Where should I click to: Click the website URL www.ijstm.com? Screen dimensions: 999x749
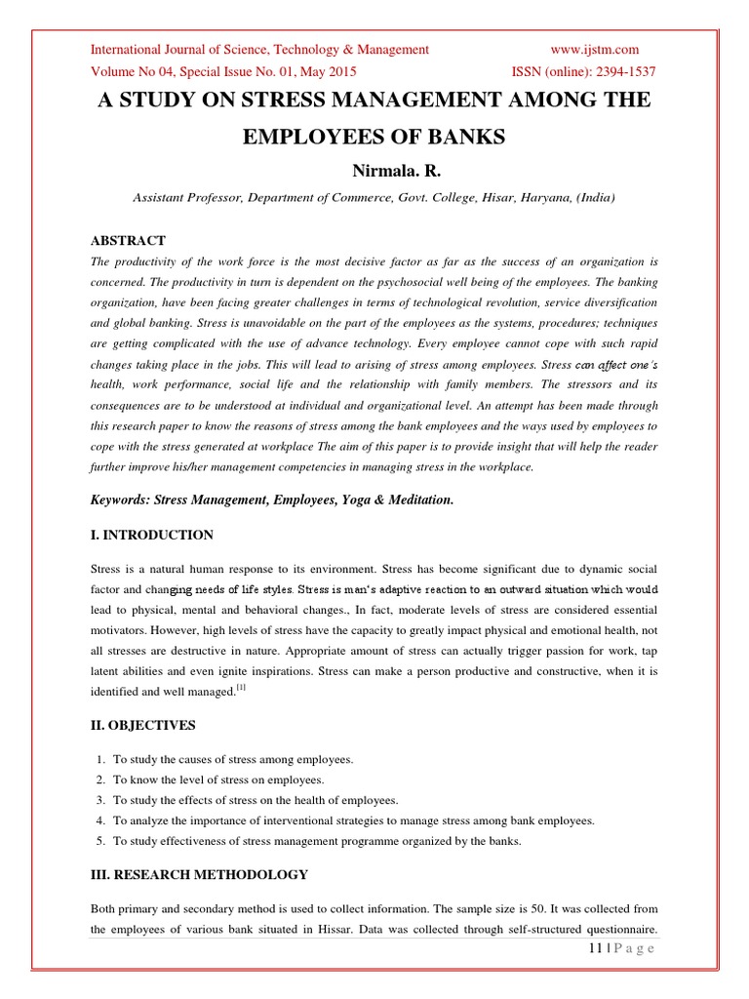click(594, 50)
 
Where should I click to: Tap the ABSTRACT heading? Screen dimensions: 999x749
click(128, 240)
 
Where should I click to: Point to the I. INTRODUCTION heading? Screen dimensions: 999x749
click(151, 535)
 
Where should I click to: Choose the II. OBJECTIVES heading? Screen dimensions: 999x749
click(142, 725)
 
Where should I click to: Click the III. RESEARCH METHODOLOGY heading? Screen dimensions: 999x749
click(199, 874)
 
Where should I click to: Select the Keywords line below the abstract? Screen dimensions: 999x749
click(272, 499)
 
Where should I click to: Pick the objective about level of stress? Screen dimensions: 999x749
click(218, 779)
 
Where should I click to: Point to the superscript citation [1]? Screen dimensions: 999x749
click(242, 689)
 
